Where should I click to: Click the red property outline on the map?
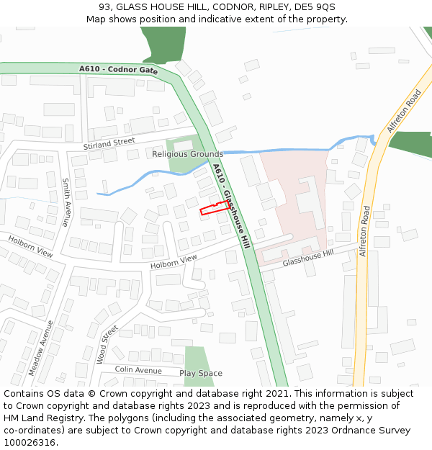(x=214, y=208)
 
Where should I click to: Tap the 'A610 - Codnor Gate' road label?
(x=119, y=70)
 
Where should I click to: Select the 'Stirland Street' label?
(x=109, y=144)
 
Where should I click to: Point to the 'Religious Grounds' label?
(x=188, y=154)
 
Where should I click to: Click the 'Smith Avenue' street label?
(x=66, y=202)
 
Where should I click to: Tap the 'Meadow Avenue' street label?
(x=41, y=348)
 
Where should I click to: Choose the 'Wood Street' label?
(x=107, y=344)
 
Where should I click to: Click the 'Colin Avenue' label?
(x=138, y=370)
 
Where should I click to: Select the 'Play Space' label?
(x=201, y=373)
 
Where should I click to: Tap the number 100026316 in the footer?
(x=30, y=442)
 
